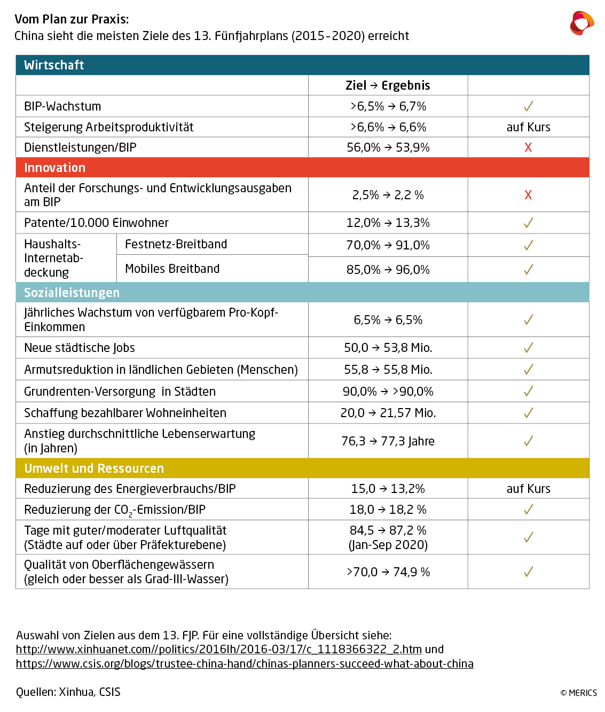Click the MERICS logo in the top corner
[x=582, y=23]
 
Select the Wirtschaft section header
[x=54, y=65]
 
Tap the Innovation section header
[x=54, y=168]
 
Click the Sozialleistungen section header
[x=72, y=293]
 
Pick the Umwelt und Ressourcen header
[x=94, y=468]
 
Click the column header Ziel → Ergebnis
[x=388, y=85]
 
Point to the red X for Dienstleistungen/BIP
[x=528, y=147]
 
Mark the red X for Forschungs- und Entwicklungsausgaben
[x=528, y=195]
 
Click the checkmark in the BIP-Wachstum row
[x=528, y=106]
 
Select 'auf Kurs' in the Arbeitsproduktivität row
[x=528, y=127]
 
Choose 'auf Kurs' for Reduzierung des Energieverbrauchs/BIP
[x=528, y=489]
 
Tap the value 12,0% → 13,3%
[x=388, y=223]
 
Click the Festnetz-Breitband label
[x=176, y=244]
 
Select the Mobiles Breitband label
[x=172, y=269]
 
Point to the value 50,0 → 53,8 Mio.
[x=388, y=348]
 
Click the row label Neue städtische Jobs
[x=80, y=348]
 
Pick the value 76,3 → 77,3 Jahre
[x=388, y=441]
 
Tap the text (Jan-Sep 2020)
[x=388, y=545]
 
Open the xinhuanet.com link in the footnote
[x=218, y=650]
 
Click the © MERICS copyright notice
[x=578, y=693]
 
